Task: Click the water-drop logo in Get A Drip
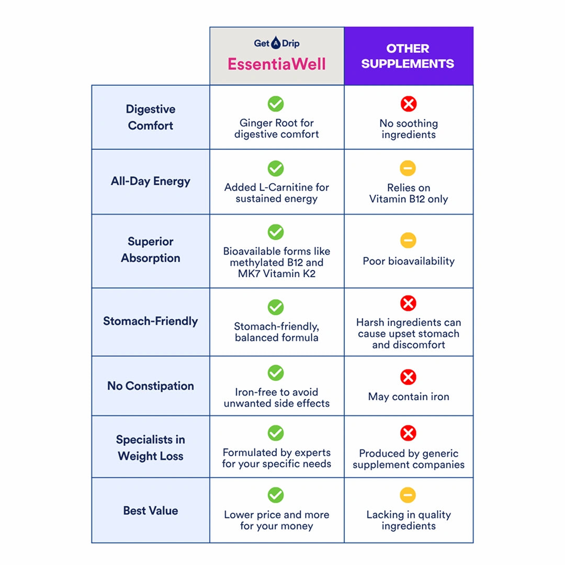(276, 43)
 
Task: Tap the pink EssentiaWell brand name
(276, 64)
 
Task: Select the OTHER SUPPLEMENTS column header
(408, 56)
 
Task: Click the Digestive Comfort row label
(151, 117)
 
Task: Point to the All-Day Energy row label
(151, 181)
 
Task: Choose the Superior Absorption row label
(151, 250)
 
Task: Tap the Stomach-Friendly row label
(151, 321)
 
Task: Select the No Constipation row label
(151, 386)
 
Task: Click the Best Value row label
(151, 511)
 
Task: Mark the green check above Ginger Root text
(276, 104)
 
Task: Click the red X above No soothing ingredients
(409, 104)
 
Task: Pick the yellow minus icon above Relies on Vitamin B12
(408, 168)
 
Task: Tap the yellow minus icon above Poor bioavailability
(408, 240)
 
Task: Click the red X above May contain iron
(408, 377)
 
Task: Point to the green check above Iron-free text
(276, 372)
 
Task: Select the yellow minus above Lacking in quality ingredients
(408, 495)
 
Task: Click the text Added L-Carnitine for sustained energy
(276, 193)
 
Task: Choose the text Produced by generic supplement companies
(409, 459)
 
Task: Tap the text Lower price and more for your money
(276, 521)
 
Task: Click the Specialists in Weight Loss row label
(151, 448)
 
